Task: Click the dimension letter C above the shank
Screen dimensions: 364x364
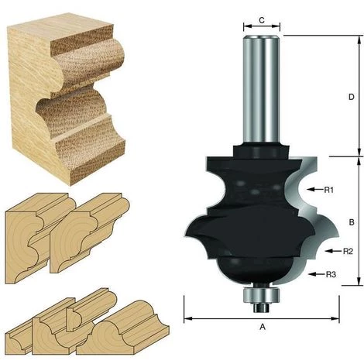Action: [262, 20]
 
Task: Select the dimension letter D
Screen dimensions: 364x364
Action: [351, 97]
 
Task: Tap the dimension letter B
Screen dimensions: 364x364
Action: [352, 222]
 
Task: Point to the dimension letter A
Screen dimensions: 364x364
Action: [263, 327]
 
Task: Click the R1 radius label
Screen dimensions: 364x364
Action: [329, 190]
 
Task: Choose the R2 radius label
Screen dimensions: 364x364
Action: [348, 251]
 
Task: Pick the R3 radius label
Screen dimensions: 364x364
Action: [331, 274]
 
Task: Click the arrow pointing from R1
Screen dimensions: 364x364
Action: [314, 190]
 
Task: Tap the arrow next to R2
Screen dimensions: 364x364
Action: [333, 251]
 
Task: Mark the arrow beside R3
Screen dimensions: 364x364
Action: [316, 274]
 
